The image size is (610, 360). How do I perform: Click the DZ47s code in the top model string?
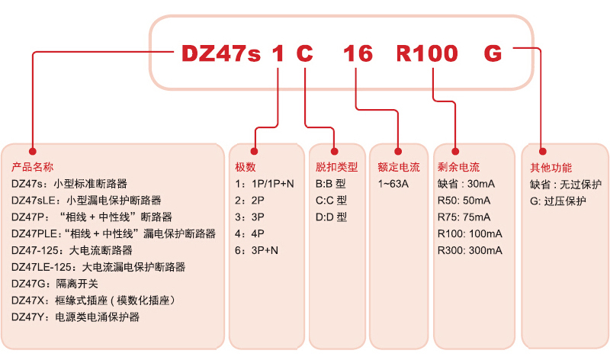[221, 53]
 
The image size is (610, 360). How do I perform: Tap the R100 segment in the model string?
[427, 53]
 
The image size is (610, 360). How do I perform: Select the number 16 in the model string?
[358, 53]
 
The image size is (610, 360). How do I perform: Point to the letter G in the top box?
[493, 53]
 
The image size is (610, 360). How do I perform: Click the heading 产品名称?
[33, 167]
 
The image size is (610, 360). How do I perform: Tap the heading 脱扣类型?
[336, 167]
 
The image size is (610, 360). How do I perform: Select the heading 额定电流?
[399, 167]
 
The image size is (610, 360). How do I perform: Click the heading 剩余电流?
[459, 167]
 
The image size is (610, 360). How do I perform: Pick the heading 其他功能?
[551, 167]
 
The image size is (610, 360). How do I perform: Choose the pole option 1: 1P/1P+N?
[265, 184]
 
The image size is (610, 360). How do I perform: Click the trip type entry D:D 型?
[331, 217]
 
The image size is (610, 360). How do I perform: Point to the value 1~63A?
[393, 184]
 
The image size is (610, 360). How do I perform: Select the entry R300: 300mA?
[470, 249]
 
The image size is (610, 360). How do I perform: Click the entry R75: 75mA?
[464, 217]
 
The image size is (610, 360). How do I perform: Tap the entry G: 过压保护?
[558, 201]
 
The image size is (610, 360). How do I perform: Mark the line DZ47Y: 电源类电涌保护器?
[75, 317]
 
